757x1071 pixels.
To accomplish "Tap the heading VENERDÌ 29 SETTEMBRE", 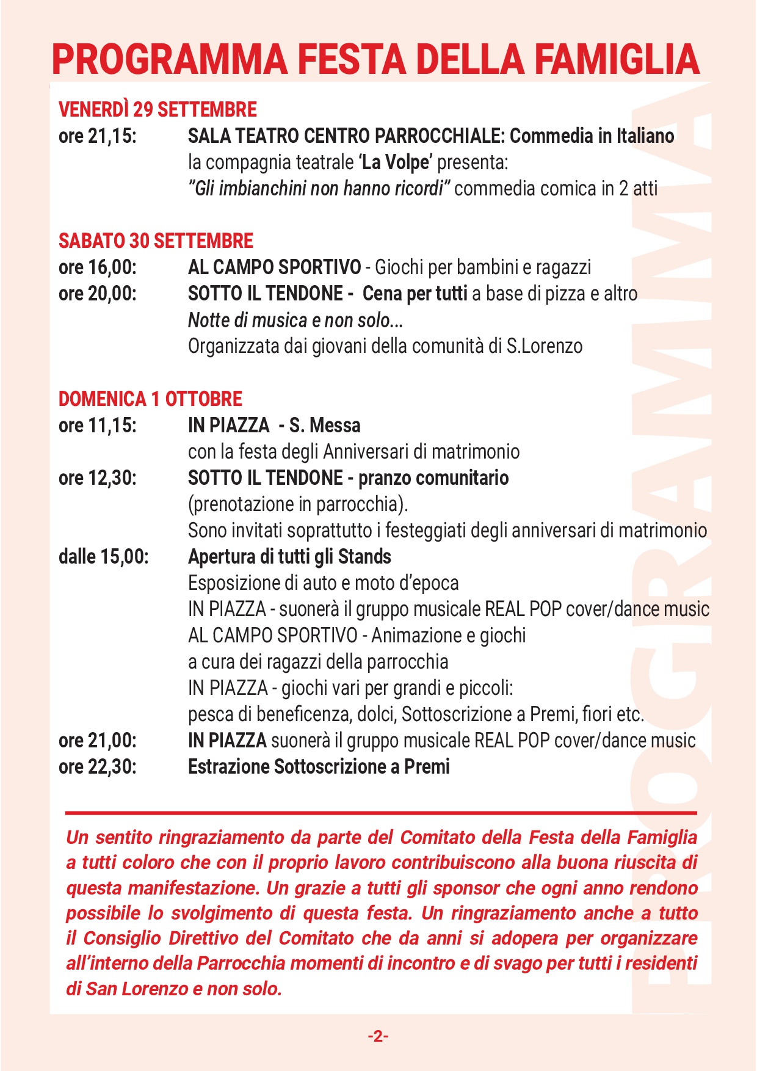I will pyautogui.click(x=158, y=110).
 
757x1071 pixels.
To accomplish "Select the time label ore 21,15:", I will pyautogui.click(x=98, y=136).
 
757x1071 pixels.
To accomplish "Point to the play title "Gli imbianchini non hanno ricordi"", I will pyautogui.click(x=319, y=189).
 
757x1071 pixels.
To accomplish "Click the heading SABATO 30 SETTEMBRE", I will pyautogui.click(x=156, y=241).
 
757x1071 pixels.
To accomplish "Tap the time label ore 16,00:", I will pyautogui.click(x=98, y=267).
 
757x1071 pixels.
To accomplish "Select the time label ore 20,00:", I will pyautogui.click(x=98, y=294).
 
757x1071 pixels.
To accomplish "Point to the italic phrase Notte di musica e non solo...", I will pyautogui.click(x=295, y=320).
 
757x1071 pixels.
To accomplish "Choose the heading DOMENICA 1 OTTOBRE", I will pyautogui.click(x=150, y=399).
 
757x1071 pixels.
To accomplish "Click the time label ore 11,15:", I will pyautogui.click(x=98, y=426).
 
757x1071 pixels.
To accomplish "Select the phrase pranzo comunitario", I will pyautogui.click(x=433, y=478).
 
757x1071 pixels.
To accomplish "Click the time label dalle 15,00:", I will pyautogui.click(x=104, y=557).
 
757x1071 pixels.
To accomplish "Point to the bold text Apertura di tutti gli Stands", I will pyautogui.click(x=289, y=557).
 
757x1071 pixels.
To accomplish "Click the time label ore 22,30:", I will pyautogui.click(x=98, y=766).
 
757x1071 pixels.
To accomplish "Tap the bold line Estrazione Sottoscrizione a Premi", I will pyautogui.click(x=319, y=766).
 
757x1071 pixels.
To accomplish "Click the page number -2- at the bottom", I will pyautogui.click(x=378, y=1036).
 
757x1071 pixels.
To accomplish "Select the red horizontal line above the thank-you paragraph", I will pyautogui.click(x=381, y=813).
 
